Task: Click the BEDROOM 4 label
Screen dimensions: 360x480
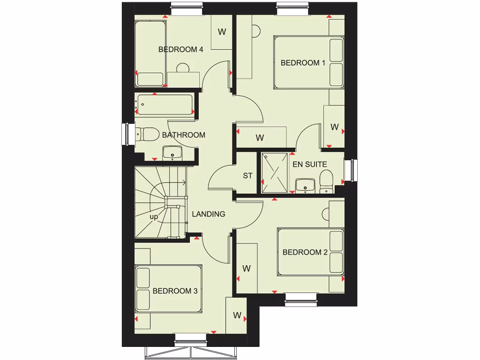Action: [180, 49]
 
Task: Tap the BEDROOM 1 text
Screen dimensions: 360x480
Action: [303, 63]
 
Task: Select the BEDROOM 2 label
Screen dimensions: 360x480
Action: [305, 252]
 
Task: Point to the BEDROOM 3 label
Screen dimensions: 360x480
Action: [175, 291]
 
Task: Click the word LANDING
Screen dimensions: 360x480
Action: [209, 214]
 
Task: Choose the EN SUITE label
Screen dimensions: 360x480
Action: [309, 165]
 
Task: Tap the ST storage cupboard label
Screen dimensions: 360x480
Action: [247, 176]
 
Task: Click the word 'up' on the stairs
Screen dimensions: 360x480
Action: [154, 217]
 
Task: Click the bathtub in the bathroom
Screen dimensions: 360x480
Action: [165, 105]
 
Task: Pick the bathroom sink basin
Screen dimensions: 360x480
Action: [172, 152]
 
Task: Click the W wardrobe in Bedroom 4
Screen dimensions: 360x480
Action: [222, 32]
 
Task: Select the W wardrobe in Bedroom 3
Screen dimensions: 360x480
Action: [237, 315]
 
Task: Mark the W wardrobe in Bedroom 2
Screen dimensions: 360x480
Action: [247, 268]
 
